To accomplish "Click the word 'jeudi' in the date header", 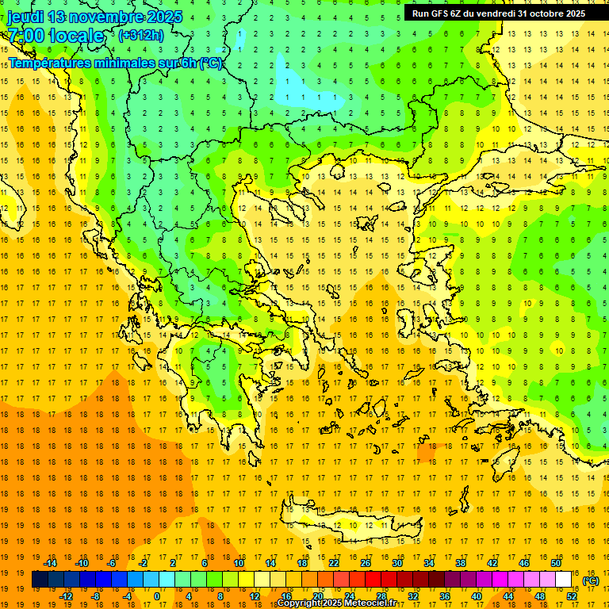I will pos(25,17).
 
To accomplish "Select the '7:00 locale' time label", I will pos(56,36).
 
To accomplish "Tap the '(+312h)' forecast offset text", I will pos(141,35).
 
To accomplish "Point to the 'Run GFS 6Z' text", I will pos(437,13).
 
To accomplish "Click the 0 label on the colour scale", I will pos(156,596).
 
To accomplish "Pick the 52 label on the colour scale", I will pos(572,596).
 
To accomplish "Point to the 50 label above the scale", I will pos(556,563).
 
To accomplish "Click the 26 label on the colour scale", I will pos(366,563).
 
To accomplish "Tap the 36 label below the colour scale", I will pos(444,596).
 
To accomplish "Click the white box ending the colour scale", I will pos(564,580).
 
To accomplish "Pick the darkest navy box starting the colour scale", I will pos(40,580).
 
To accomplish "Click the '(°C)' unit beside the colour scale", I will pos(592,580).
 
